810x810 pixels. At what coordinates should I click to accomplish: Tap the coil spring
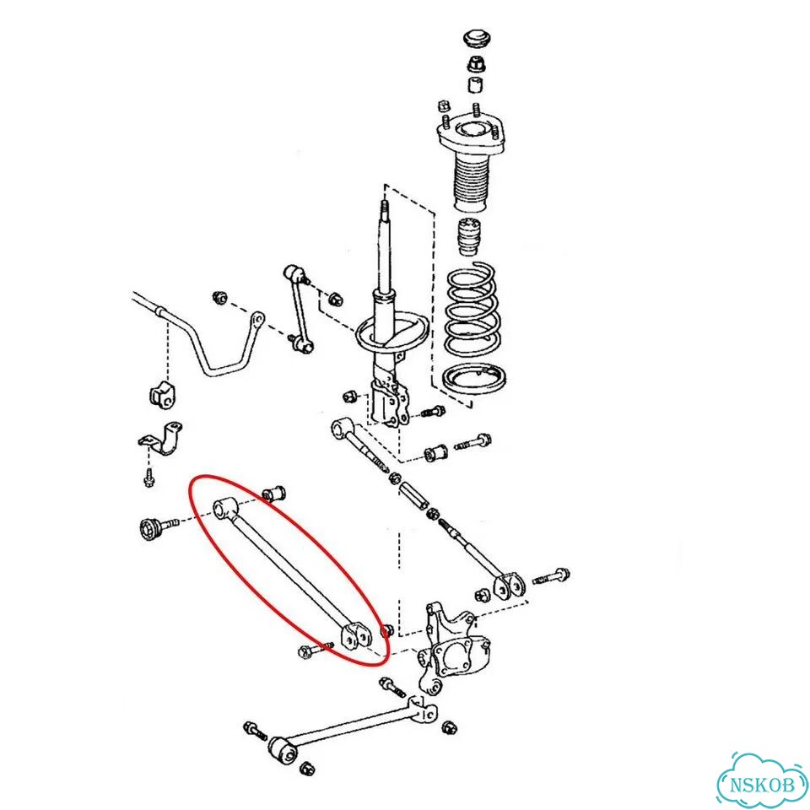(472, 309)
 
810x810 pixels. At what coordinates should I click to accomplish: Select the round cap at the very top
(476, 40)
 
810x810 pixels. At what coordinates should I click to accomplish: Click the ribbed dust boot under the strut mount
(471, 185)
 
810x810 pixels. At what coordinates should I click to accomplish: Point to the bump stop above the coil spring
(469, 237)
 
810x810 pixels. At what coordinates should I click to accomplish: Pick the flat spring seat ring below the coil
(473, 379)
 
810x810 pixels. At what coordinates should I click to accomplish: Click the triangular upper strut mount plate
(470, 136)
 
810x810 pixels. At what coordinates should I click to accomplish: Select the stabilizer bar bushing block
(163, 394)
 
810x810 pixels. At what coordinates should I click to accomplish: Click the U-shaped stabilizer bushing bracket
(162, 438)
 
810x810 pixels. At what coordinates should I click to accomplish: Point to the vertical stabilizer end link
(299, 308)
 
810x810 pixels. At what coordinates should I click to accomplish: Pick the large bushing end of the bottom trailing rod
(283, 751)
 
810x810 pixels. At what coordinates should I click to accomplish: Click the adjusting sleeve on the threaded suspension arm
(414, 494)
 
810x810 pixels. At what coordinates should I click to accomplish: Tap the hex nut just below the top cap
(475, 65)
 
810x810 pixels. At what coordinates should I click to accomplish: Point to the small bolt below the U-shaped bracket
(149, 478)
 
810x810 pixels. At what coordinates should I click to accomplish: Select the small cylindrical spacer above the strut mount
(475, 84)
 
